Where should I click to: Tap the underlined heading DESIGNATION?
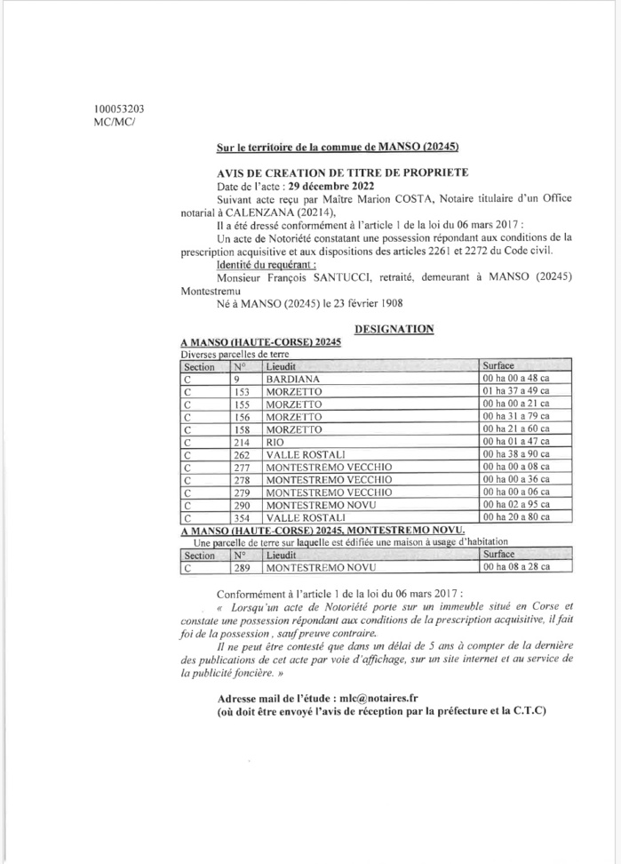pos(394,328)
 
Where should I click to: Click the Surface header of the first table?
pos(503,364)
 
